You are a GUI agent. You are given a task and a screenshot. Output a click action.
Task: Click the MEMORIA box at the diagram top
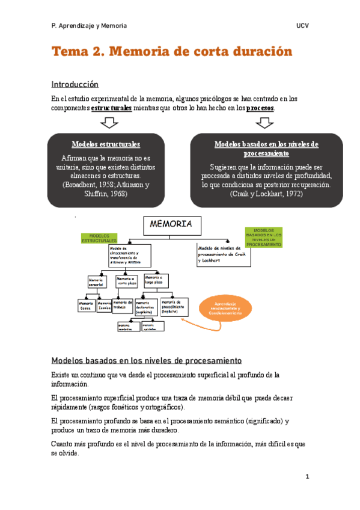pos(171,224)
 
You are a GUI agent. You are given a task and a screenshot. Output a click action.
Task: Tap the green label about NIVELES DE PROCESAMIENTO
pos(263,238)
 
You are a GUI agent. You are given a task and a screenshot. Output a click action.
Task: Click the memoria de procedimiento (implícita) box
pos(173,307)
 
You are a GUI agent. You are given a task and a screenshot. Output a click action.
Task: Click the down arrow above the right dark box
pos(264,123)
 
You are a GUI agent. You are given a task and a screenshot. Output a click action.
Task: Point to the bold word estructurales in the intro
pos(111,108)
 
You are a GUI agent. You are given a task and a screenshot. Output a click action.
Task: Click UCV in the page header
pos(302,26)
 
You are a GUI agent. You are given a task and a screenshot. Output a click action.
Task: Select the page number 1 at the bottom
pos(307,477)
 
